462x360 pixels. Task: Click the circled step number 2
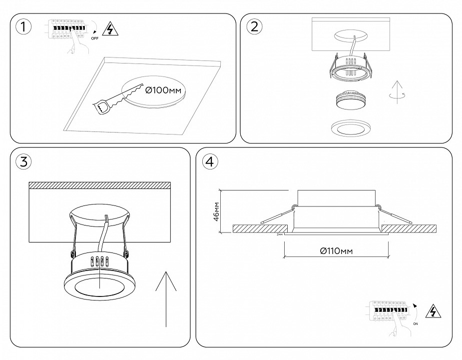254,27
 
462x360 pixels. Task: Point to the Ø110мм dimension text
336,251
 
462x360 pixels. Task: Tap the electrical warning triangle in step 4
433,312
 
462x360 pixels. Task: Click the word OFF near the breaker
95,37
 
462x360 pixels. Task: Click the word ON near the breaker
416,323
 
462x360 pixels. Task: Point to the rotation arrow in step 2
397,93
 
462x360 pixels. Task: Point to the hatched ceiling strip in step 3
100,185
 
